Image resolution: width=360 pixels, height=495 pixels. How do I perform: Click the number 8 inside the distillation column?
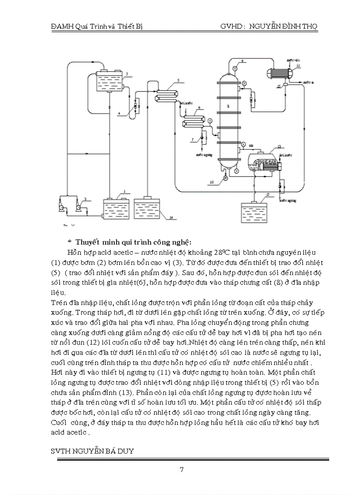click(x=228, y=106)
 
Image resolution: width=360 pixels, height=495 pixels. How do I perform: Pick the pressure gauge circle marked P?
click(x=225, y=178)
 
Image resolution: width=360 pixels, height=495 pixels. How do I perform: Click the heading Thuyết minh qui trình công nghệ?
click(x=133, y=242)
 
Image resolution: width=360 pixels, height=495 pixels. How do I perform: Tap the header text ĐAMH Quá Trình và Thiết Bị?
click(x=97, y=26)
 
